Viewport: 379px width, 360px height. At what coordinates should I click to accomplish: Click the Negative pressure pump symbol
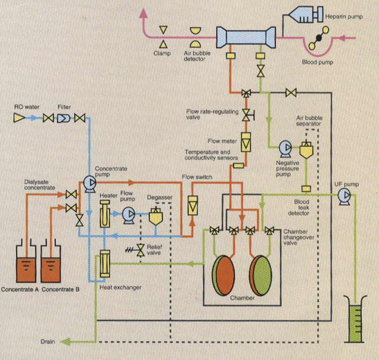click(x=284, y=148)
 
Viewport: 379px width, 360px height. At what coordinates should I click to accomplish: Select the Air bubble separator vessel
click(x=307, y=148)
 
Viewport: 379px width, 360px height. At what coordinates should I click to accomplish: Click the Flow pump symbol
click(x=129, y=214)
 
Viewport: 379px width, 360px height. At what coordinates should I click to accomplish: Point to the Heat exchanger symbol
click(x=103, y=264)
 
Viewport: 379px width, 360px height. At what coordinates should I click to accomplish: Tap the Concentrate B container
click(x=58, y=266)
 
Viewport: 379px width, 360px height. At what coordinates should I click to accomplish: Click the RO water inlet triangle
click(x=19, y=118)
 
